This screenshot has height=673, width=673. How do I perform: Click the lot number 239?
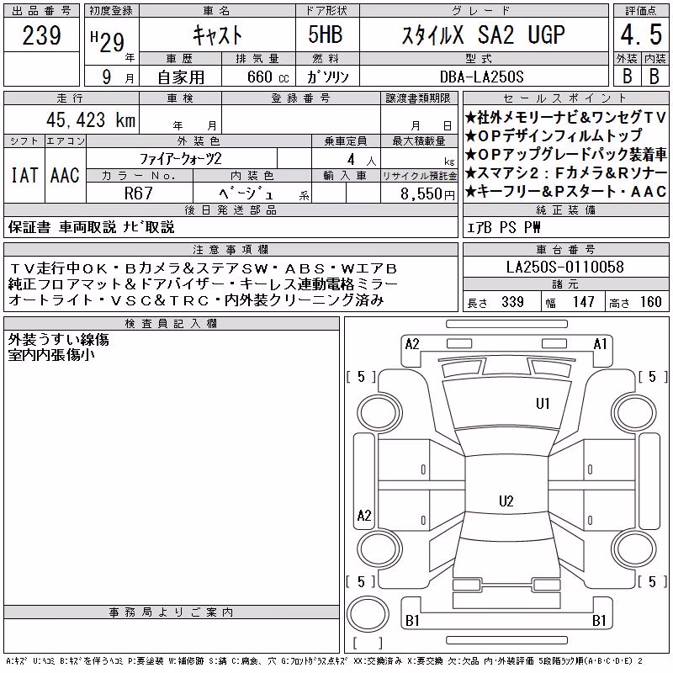point(41,35)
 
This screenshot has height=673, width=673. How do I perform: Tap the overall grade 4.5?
point(641,34)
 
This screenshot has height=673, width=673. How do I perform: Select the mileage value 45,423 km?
point(91,119)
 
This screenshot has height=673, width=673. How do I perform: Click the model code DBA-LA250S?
point(481,77)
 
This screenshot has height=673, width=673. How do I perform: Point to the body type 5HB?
point(326,34)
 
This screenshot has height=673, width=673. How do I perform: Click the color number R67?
point(139,193)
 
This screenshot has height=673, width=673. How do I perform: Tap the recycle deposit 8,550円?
point(427,194)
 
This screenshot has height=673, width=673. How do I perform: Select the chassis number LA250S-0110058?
point(564,267)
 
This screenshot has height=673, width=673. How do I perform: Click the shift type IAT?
point(24,175)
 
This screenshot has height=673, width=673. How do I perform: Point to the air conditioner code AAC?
point(65,175)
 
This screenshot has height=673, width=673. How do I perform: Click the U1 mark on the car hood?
point(543,404)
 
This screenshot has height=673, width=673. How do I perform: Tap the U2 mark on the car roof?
point(506,501)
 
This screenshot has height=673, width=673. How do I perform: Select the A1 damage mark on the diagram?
point(600,344)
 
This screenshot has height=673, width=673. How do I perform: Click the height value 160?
point(650,302)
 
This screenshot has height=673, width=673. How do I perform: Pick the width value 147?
point(583,302)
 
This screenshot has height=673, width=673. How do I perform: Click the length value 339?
point(512,302)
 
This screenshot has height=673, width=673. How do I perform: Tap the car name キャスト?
point(217,34)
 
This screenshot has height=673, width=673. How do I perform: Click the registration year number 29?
point(112,43)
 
